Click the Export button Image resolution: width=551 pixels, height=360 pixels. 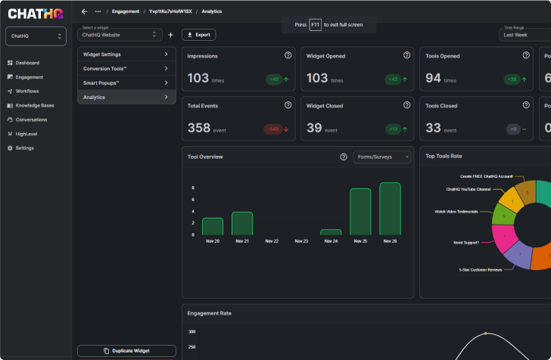pyautogui.click(x=198, y=35)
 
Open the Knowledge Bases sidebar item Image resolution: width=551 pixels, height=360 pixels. pyautogui.click(x=35, y=105)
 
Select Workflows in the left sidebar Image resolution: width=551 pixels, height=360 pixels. pyautogui.click(x=27, y=91)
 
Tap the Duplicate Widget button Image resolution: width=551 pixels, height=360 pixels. pyautogui.click(x=126, y=351)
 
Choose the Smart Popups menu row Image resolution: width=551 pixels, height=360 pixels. pyautogui.click(x=126, y=82)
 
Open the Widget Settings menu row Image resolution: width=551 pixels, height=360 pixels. pyautogui.click(x=126, y=54)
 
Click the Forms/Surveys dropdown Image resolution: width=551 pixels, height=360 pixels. pyautogui.click(x=381, y=157)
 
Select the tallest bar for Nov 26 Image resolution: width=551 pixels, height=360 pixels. pyautogui.click(x=390, y=209)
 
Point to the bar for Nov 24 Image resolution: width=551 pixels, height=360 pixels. pyautogui.click(x=331, y=232)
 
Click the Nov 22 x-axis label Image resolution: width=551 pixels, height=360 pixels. pyautogui.click(x=272, y=241)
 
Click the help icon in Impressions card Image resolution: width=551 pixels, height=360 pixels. pyautogui.click(x=288, y=55)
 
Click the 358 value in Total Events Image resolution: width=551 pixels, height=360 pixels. pyautogui.click(x=198, y=129)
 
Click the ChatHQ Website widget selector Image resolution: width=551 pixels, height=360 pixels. pyautogui.click(x=121, y=35)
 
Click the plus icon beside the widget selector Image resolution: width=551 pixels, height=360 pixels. pyautogui.click(x=170, y=35)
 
